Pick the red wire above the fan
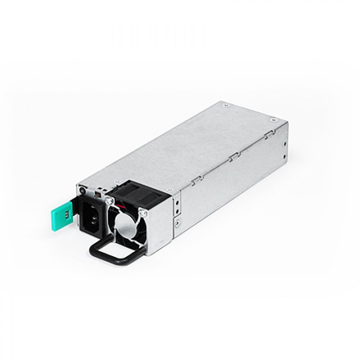point(121,206)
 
